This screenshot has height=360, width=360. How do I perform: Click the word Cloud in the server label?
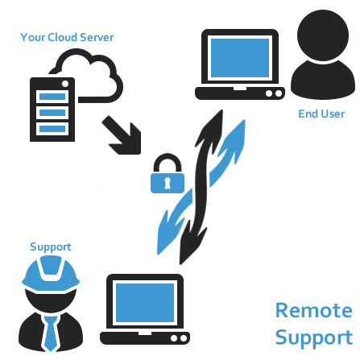tap(62, 37)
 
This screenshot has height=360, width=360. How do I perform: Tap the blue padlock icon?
tap(168, 173)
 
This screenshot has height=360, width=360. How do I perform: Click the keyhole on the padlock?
tap(168, 183)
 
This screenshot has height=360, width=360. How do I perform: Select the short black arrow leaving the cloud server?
tap(122, 135)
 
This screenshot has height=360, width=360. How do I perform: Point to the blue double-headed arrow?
tap(201, 187)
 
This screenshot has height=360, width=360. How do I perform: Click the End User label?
tap(321, 114)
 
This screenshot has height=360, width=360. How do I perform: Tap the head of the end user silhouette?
tap(323, 35)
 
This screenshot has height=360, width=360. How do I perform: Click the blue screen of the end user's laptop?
tap(240, 58)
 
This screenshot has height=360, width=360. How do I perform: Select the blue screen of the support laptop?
tap(145, 303)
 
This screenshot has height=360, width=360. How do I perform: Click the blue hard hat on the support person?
tap(51, 275)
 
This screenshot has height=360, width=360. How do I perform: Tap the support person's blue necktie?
tap(51, 333)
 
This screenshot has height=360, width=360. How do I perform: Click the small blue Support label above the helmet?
tap(51, 247)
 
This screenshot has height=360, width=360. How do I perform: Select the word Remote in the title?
tap(314, 311)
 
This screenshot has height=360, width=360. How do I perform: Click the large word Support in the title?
tap(314, 337)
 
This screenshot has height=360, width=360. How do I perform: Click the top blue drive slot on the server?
tap(52, 97)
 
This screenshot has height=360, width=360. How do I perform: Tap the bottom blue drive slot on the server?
tap(52, 129)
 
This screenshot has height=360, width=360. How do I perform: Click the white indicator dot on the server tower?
tap(65, 84)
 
